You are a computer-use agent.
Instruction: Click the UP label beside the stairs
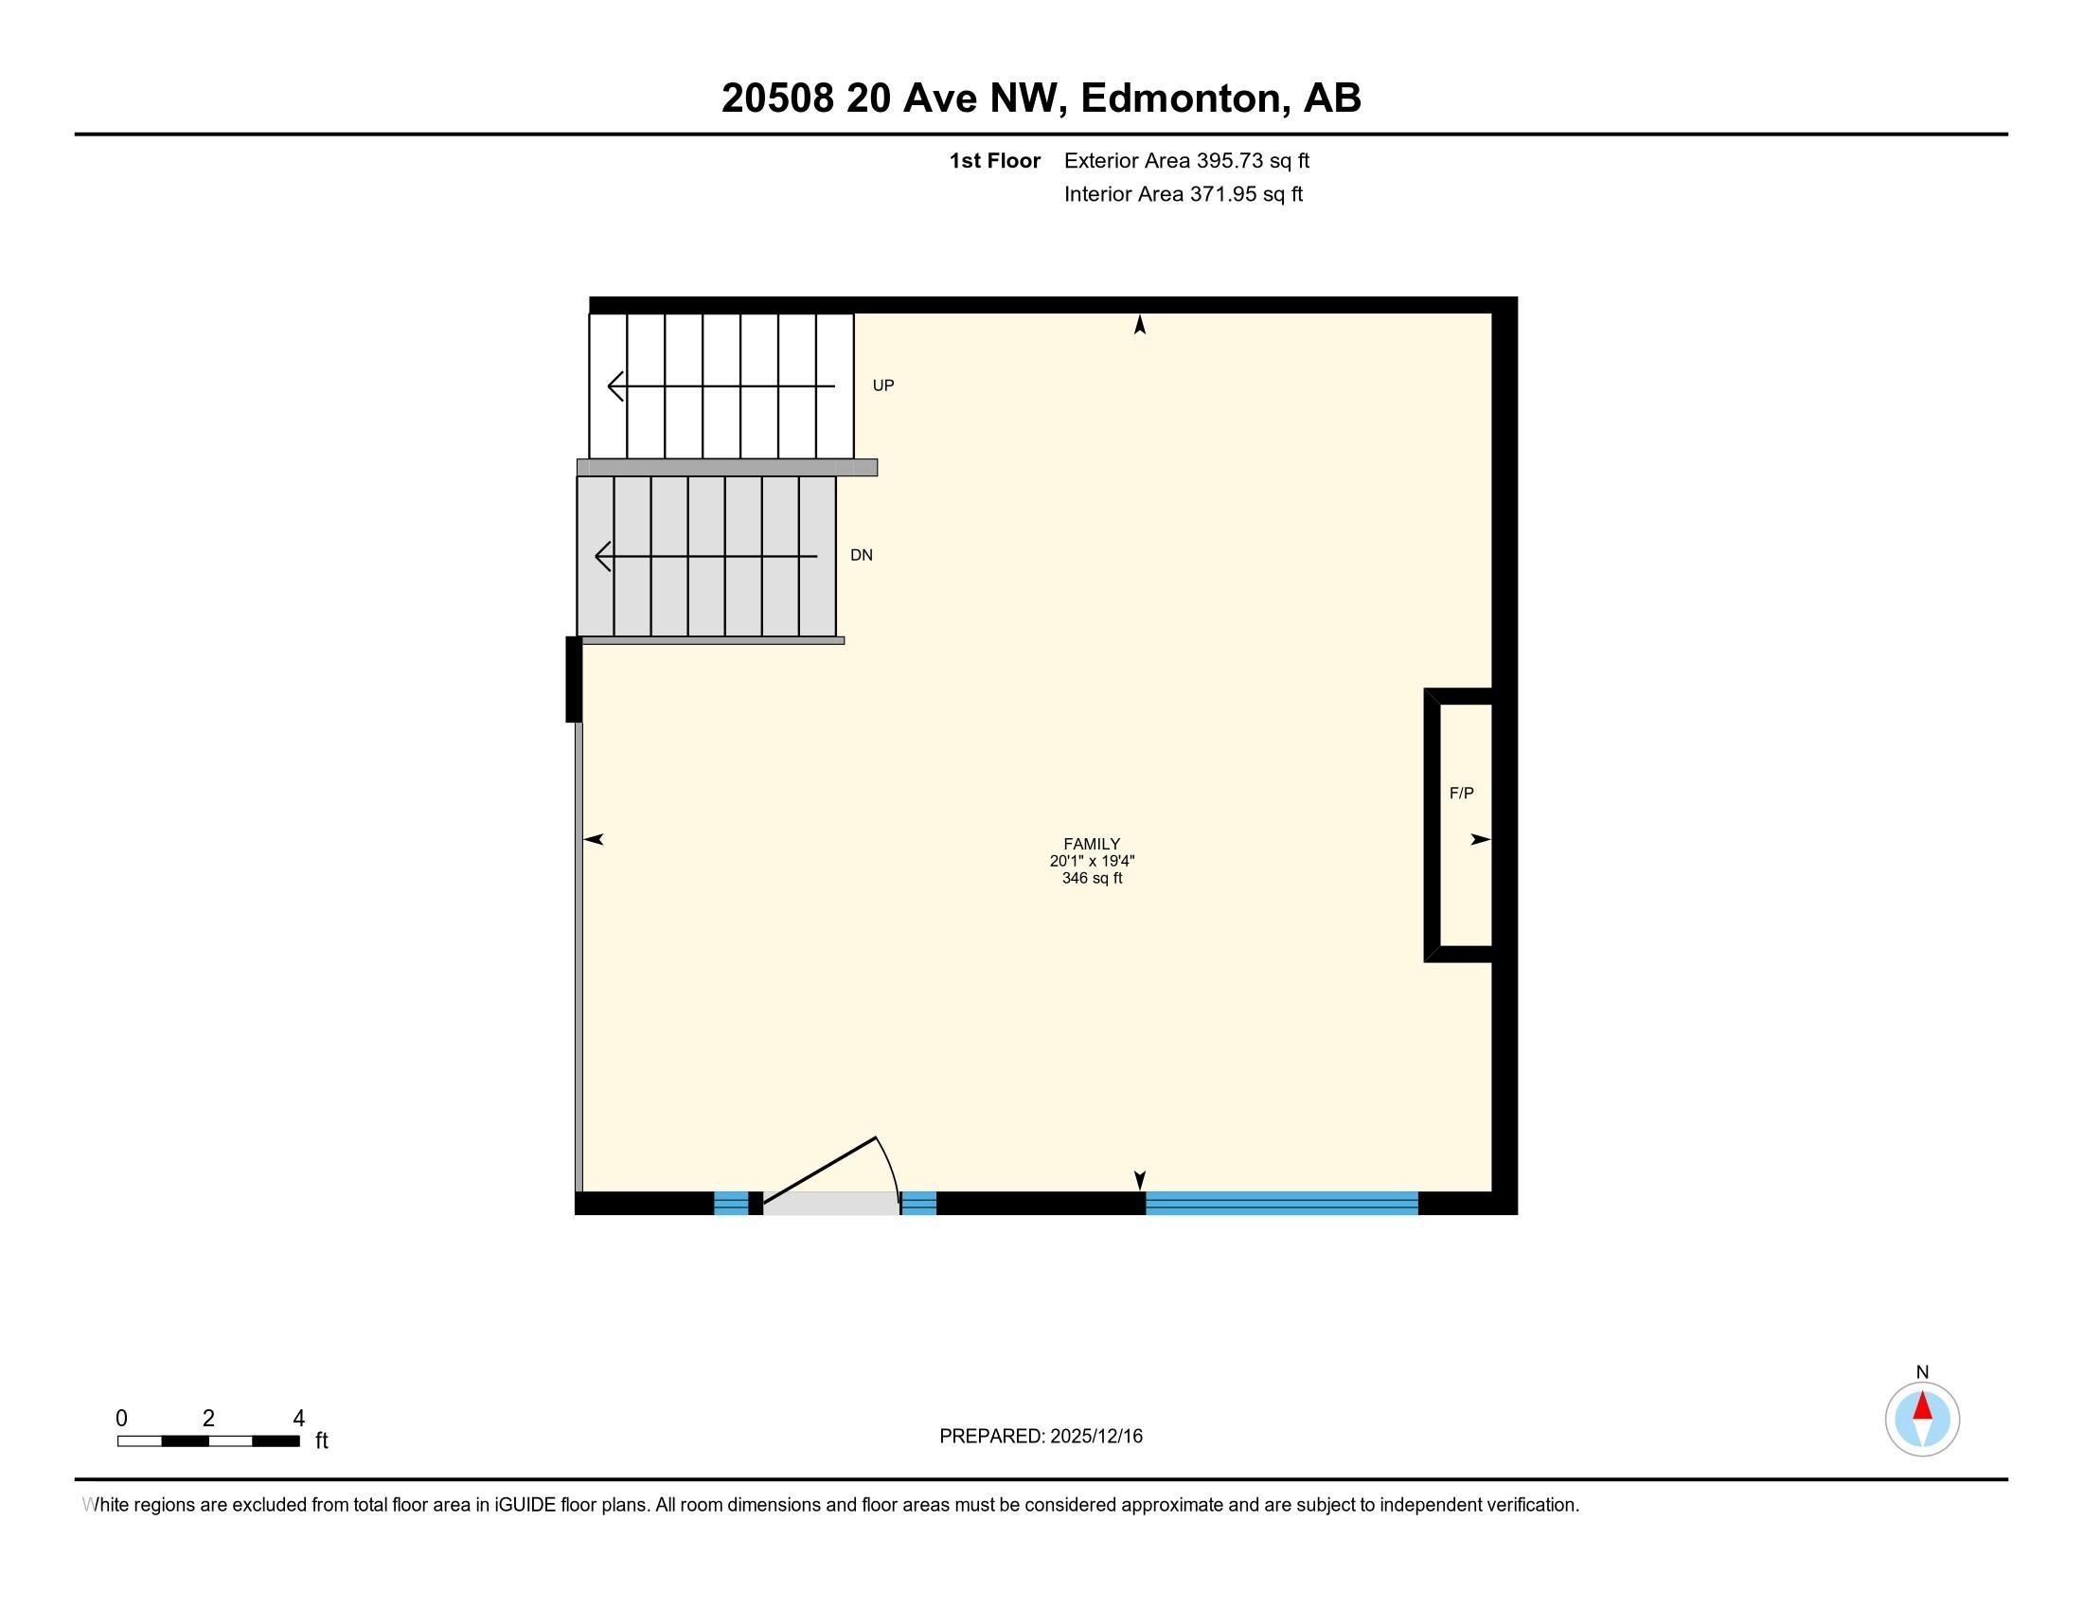(883, 385)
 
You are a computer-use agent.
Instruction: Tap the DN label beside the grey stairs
(862, 555)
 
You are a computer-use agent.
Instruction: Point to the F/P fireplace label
(1461, 793)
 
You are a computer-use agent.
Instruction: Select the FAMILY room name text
(1092, 844)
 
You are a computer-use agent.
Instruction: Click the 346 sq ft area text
(1092, 879)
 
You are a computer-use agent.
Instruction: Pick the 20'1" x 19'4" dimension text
(1092, 861)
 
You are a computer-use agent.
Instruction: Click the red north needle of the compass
(1923, 1405)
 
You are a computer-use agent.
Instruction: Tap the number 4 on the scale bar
(298, 1419)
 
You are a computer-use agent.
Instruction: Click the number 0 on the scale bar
(121, 1419)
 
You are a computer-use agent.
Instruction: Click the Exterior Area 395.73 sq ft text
(1186, 161)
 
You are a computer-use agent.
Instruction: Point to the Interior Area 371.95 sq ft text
(1184, 194)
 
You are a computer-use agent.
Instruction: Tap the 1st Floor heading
(995, 161)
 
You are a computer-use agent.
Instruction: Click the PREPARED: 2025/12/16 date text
(1041, 1437)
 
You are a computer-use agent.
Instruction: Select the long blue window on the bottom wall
(1282, 1203)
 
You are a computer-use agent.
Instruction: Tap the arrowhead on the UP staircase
(616, 386)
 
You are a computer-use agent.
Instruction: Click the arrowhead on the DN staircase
(603, 556)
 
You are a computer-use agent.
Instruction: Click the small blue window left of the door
(732, 1204)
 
